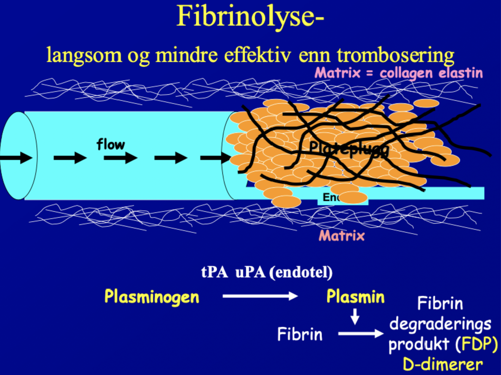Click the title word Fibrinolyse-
click(x=250, y=17)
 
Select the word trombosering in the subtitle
click(x=395, y=55)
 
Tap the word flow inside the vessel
click(x=110, y=144)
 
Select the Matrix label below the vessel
click(x=341, y=236)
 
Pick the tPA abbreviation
click(x=214, y=272)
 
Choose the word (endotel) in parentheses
click(x=301, y=272)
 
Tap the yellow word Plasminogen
click(x=152, y=297)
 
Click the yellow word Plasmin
click(x=355, y=297)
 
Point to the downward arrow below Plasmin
click(x=355, y=317)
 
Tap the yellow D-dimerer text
click(x=443, y=364)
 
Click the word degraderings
click(x=440, y=324)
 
